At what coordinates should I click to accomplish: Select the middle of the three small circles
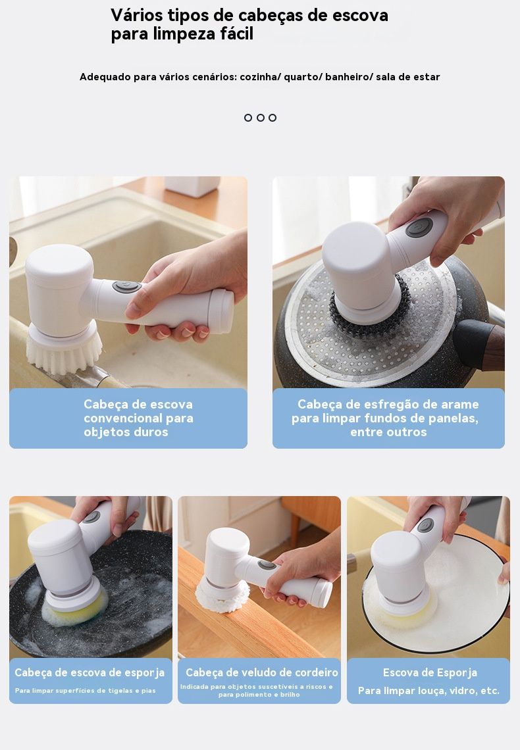click(x=260, y=118)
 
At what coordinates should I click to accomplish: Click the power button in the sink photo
click(x=127, y=286)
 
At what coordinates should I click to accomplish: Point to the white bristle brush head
click(x=64, y=349)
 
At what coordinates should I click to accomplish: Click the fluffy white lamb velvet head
click(x=222, y=596)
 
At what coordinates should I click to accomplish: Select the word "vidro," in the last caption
click(x=463, y=691)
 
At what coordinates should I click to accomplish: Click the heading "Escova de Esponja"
click(x=430, y=673)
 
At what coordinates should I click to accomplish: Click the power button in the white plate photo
click(x=425, y=525)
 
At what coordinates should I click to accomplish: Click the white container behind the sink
click(x=192, y=186)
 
